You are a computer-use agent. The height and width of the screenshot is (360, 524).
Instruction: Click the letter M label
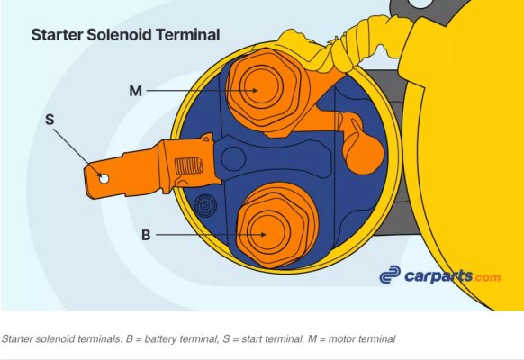[x=135, y=91]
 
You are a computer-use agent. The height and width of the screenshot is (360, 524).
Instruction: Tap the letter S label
[x=50, y=120]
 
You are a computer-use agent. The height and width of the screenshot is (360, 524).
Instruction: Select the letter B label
[x=146, y=235]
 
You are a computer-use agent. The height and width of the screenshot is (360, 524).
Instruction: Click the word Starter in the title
[x=57, y=35]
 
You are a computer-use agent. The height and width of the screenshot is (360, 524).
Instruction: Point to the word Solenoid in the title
[x=120, y=35]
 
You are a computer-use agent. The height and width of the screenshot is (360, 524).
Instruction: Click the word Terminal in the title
[x=188, y=35]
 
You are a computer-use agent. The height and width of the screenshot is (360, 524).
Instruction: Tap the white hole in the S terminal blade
[x=104, y=179]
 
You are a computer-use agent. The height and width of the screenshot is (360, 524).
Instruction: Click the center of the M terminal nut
[x=260, y=87]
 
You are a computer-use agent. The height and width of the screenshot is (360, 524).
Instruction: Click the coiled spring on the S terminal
[x=189, y=166]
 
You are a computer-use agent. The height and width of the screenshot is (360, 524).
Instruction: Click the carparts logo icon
[x=390, y=274]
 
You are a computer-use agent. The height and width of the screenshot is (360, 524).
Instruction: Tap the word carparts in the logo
[x=438, y=275]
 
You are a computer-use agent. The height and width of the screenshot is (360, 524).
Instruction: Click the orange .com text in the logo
[x=487, y=277]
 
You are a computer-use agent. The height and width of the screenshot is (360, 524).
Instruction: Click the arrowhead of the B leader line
[x=264, y=234]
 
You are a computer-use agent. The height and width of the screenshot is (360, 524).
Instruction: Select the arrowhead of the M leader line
[x=255, y=90]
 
